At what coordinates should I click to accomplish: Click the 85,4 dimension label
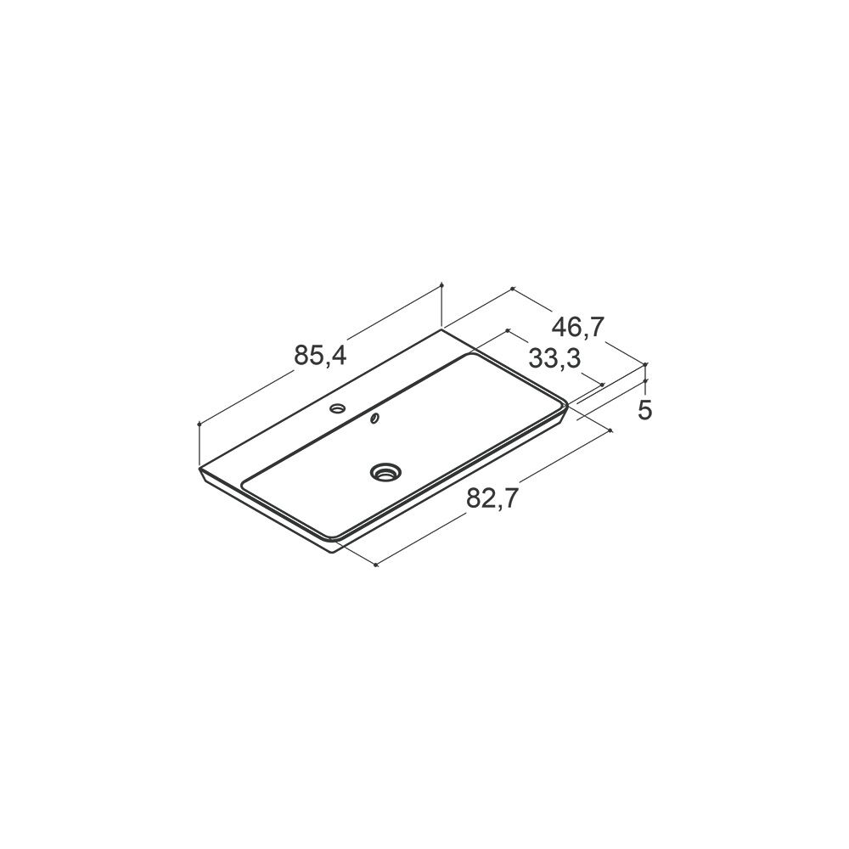tap(320, 356)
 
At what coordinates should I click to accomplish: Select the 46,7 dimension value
tap(577, 328)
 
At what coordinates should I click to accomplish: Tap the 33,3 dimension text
tap(554, 358)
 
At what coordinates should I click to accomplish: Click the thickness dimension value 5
tap(644, 410)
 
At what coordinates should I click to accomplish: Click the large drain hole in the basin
tap(385, 471)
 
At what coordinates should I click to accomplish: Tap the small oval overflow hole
tap(374, 418)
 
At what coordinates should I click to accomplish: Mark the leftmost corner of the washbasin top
tap(200, 468)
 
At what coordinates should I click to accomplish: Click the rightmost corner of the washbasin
tap(567, 405)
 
